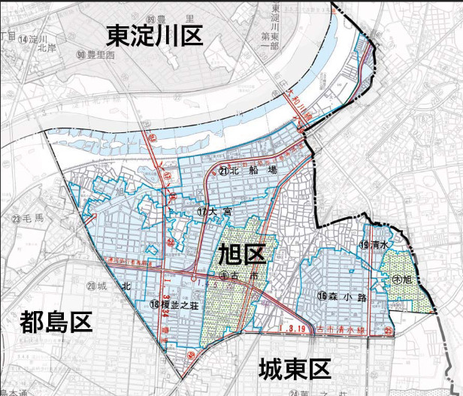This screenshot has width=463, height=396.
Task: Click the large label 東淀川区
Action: coord(155,36)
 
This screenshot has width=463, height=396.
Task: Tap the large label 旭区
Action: coord(241,255)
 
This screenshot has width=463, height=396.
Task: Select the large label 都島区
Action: coord(56,323)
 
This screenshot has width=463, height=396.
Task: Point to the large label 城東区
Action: coord(295,369)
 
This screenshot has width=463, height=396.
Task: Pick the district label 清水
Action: coord(380,246)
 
